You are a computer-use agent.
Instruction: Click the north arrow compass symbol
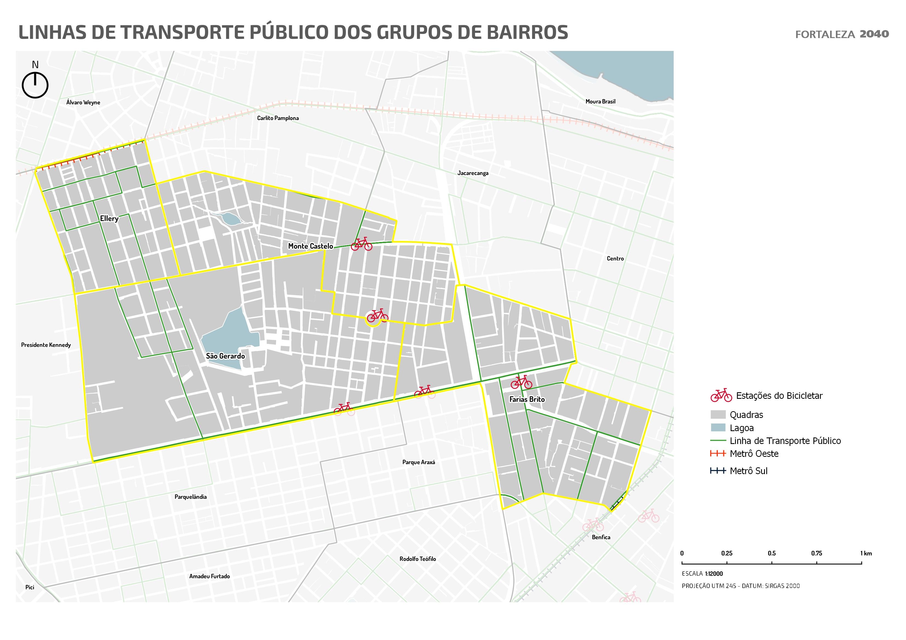[35, 84]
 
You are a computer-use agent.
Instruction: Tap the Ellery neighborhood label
[109, 218]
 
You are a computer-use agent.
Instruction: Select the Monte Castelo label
[310, 246]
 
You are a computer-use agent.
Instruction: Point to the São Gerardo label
[225, 356]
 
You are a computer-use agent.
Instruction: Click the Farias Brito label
[527, 399]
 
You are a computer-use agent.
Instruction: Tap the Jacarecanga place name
[473, 173]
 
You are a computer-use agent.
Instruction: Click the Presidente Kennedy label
[46, 345]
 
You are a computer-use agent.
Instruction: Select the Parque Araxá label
[418, 462]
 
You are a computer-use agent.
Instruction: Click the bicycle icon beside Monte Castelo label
[361, 244]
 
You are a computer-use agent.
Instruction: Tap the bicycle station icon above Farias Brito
[521, 382]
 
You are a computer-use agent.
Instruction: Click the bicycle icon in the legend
[721, 396]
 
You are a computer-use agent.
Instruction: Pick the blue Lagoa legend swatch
[718, 428]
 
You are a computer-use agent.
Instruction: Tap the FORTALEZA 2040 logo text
[842, 34]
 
